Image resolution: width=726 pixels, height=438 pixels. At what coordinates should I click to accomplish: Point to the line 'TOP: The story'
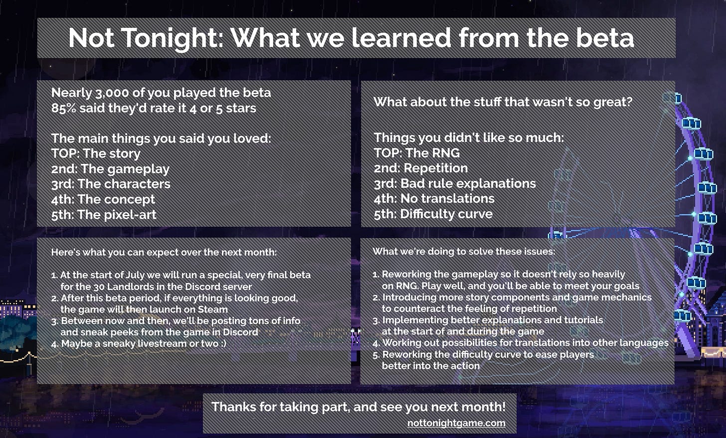pyautogui.click(x=96, y=153)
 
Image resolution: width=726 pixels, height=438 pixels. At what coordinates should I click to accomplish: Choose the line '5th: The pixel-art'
pyautogui.click(x=104, y=214)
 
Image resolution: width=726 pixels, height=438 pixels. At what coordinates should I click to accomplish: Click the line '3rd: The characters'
pyautogui.click(x=111, y=184)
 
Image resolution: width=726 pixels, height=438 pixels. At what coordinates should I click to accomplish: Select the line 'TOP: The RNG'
pyautogui.click(x=417, y=153)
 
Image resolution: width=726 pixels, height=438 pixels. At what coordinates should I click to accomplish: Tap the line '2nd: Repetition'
pyautogui.click(x=421, y=168)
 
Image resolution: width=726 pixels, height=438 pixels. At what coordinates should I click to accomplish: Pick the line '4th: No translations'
pyautogui.click(x=434, y=199)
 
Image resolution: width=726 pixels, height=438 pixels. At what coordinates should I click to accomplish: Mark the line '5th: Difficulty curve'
pyautogui.click(x=433, y=214)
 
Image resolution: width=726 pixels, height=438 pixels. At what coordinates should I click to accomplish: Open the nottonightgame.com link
pyautogui.click(x=456, y=423)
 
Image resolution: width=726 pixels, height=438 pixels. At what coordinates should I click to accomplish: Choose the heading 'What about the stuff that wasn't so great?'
pyautogui.click(x=503, y=102)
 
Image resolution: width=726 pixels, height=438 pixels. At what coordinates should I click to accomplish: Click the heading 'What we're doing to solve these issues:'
pyautogui.click(x=464, y=252)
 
